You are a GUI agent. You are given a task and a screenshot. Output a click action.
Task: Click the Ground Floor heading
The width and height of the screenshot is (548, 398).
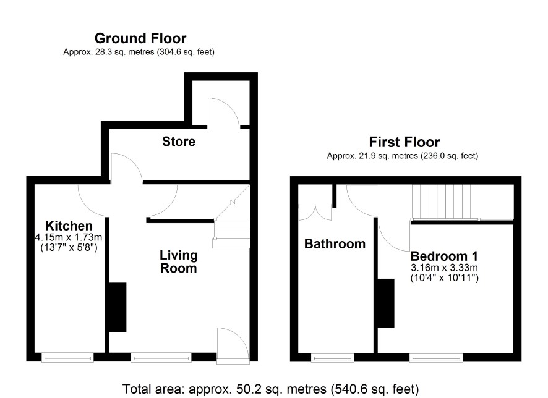140,38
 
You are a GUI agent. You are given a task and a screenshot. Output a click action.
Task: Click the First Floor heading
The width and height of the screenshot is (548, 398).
405,142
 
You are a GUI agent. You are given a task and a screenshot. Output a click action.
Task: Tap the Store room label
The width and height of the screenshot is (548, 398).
179,142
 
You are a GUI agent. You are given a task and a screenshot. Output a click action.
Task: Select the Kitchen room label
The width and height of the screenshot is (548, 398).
69,226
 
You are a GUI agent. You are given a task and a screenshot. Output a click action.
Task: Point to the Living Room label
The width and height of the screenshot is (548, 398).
179,261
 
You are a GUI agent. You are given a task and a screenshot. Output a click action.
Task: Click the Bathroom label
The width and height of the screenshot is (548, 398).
335,243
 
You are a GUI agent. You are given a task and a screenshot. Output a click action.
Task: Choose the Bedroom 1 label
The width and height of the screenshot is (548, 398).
444,256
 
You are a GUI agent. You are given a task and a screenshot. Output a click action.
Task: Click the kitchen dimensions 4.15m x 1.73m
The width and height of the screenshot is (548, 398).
69,237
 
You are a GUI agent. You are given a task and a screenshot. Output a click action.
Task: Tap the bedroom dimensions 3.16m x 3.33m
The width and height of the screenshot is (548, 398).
444,268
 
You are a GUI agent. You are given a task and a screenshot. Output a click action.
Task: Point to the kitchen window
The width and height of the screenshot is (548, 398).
67,357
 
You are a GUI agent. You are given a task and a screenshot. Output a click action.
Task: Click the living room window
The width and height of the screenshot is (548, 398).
161,357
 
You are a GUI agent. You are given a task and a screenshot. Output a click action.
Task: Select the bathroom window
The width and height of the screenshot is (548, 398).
332,357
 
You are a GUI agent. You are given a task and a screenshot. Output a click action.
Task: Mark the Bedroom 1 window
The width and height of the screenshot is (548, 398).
436,357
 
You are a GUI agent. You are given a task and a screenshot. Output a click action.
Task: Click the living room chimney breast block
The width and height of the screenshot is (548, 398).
118,307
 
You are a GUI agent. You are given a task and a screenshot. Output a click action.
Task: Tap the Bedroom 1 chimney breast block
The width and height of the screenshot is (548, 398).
386,303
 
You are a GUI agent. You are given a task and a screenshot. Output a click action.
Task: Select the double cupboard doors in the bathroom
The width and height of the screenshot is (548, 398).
315,212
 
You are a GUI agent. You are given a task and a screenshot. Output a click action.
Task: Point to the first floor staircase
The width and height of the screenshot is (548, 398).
445,202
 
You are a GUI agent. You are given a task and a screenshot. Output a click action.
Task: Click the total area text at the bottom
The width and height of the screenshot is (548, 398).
270,389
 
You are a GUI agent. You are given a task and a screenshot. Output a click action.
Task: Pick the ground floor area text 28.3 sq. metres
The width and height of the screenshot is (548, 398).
139,52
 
